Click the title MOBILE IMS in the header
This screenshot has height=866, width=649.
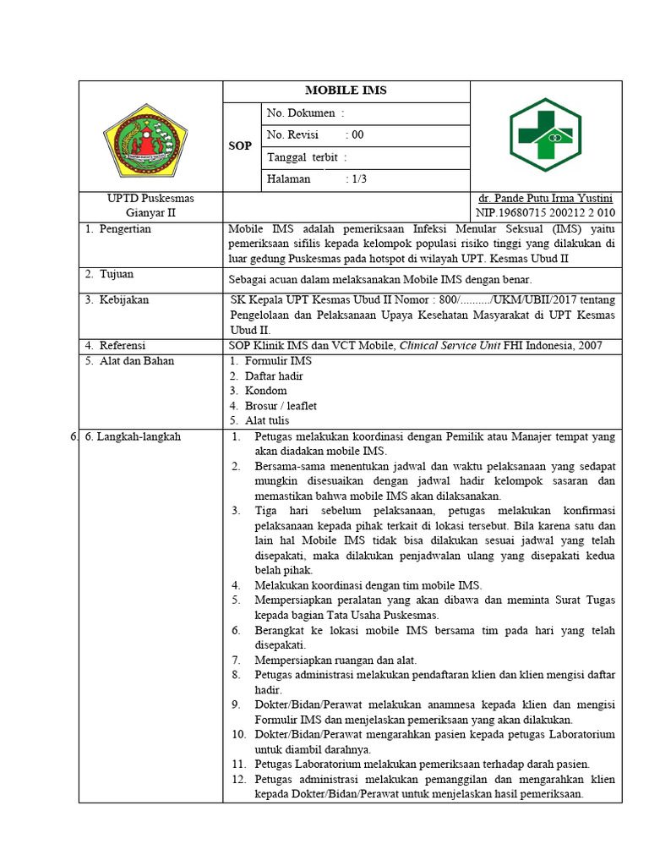click(346, 91)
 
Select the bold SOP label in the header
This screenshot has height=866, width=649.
click(241, 146)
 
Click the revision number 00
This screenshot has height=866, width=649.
click(357, 135)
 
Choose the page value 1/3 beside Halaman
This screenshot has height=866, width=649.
click(357, 179)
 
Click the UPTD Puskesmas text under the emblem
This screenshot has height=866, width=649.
click(150, 198)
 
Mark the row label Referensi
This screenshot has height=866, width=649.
click(123, 346)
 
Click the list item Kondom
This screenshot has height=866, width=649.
click(266, 391)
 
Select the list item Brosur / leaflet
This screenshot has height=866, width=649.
click(281, 406)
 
